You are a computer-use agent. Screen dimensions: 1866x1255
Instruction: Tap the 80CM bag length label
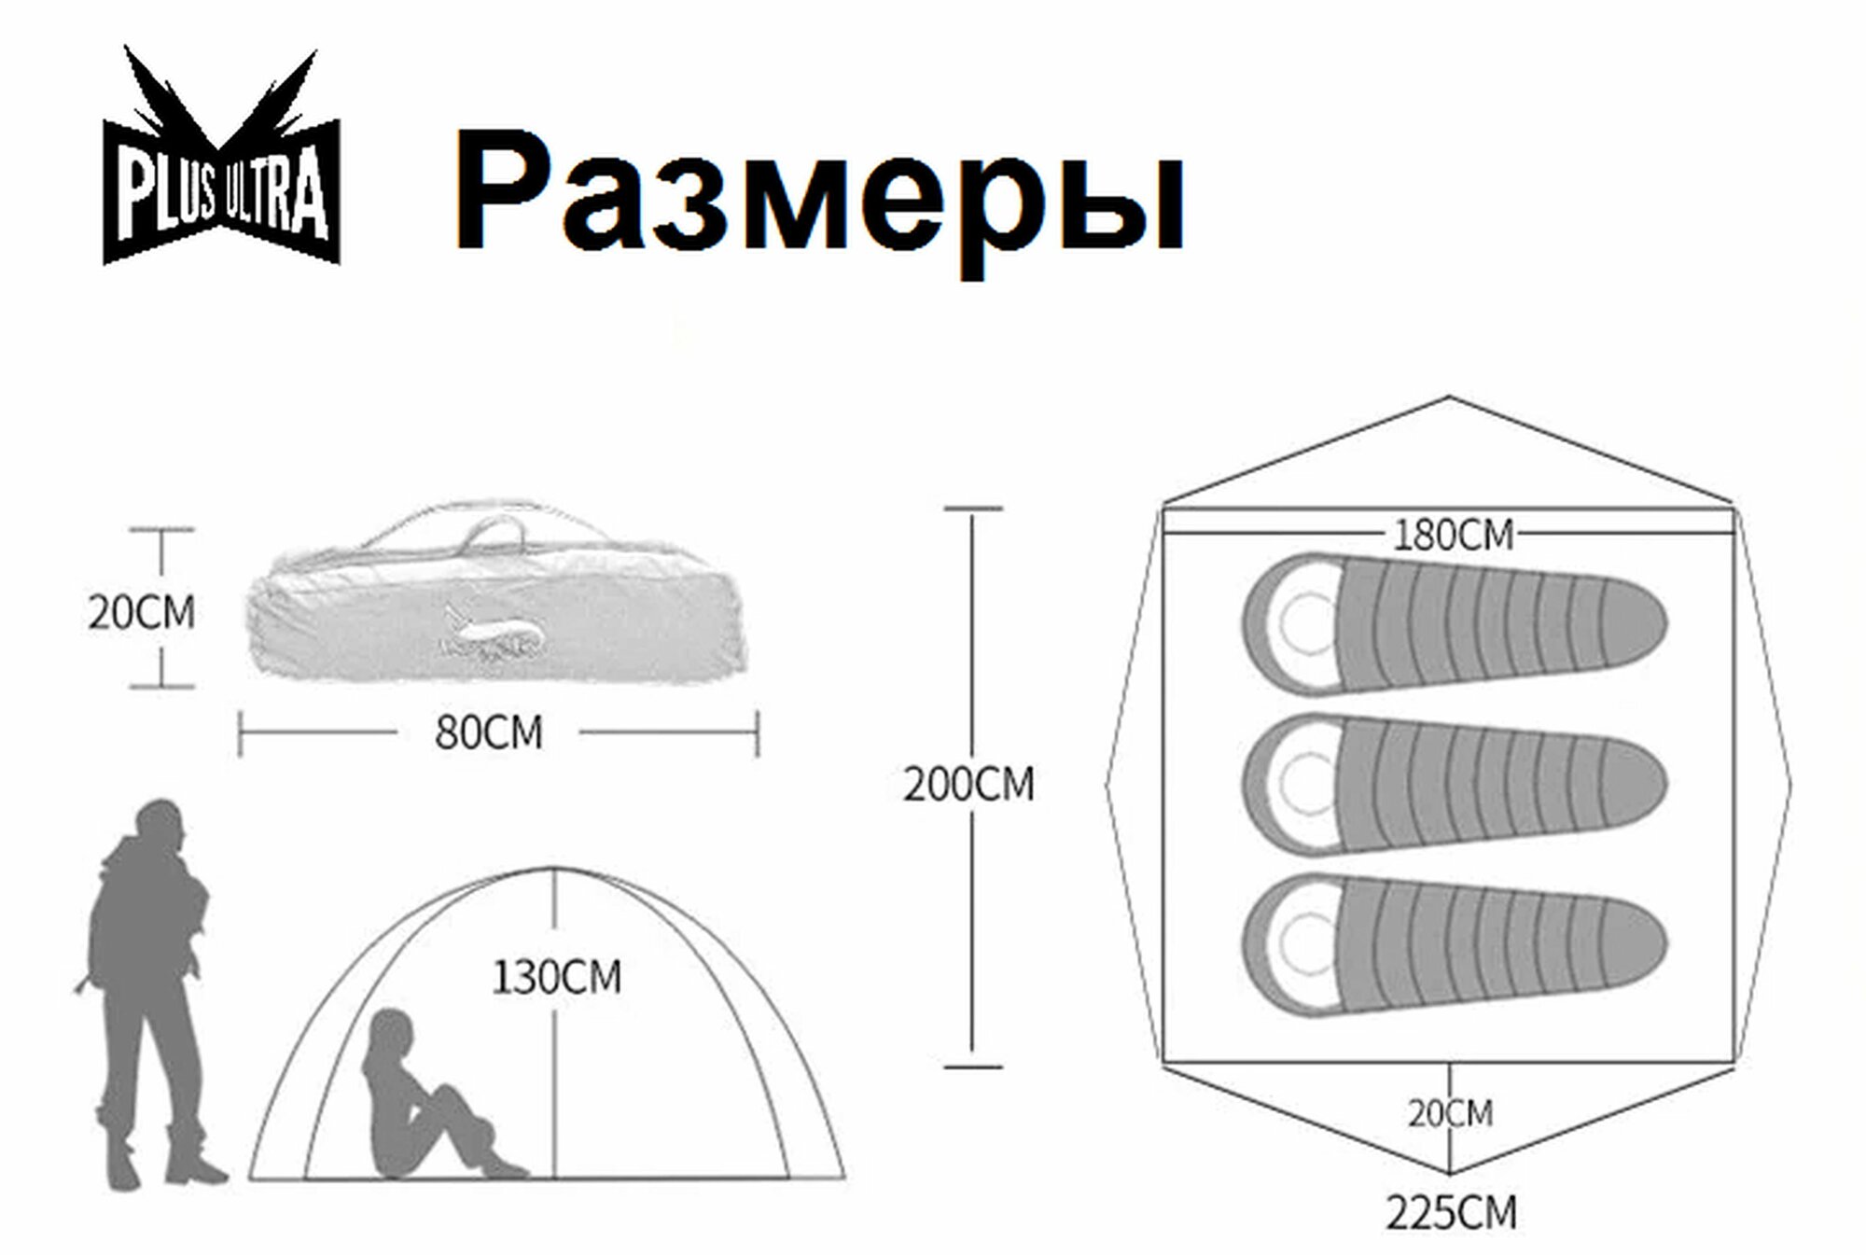488,733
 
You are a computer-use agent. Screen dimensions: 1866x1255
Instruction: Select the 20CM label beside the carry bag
141,613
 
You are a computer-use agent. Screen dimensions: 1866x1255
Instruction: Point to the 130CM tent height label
557,978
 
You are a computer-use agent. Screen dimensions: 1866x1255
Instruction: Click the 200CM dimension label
969,785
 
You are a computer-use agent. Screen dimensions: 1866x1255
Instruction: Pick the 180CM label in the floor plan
1453,536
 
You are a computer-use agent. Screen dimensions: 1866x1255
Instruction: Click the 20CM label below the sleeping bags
1451,1113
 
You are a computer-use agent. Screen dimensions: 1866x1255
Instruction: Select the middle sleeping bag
1455,785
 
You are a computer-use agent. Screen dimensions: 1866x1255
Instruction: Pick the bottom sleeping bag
1455,943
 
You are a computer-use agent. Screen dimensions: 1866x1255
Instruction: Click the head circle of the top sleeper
1306,623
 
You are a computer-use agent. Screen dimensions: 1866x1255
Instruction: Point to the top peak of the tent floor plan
1449,398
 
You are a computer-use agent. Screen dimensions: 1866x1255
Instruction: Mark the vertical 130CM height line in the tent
555,1073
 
